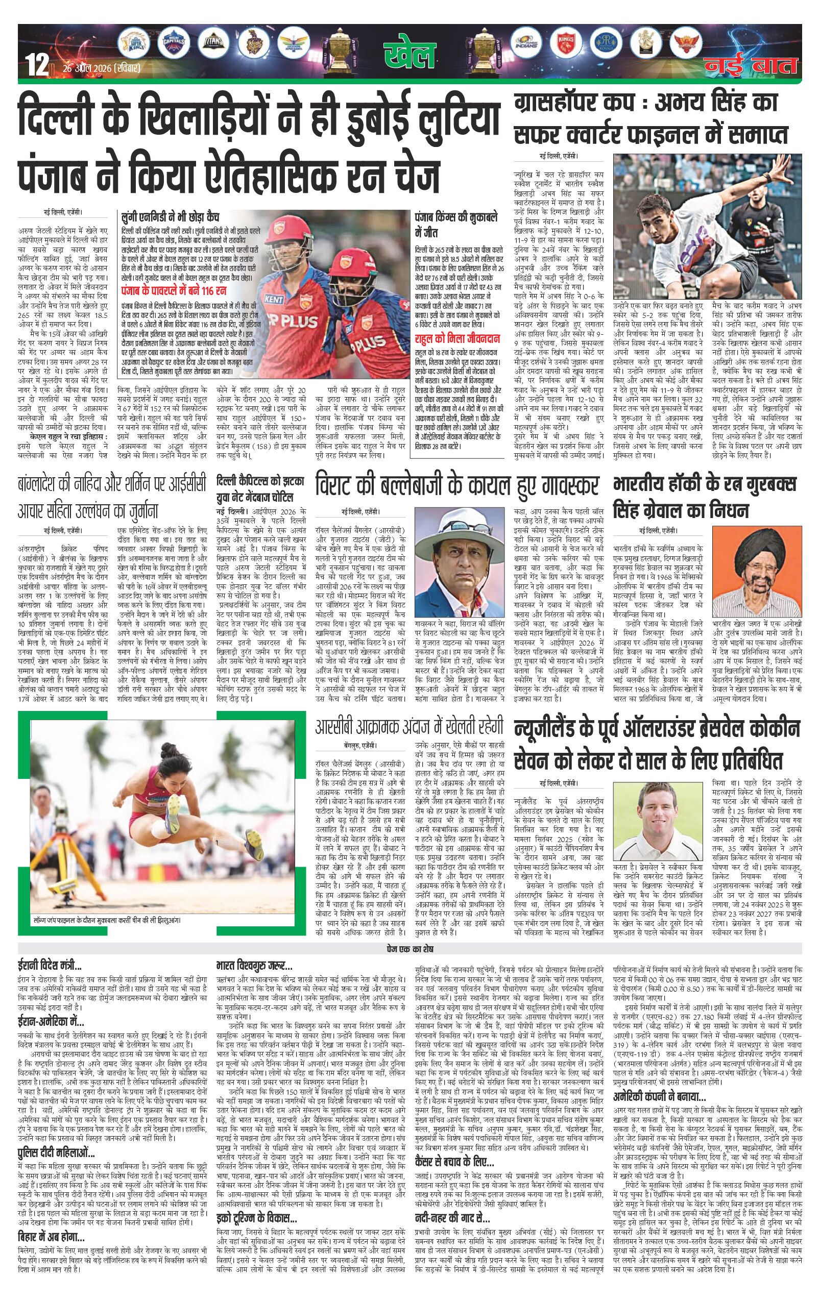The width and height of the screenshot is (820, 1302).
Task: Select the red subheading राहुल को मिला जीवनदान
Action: [x=456, y=339]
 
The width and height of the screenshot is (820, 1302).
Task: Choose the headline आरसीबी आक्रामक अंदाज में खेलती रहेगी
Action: [x=409, y=726]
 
